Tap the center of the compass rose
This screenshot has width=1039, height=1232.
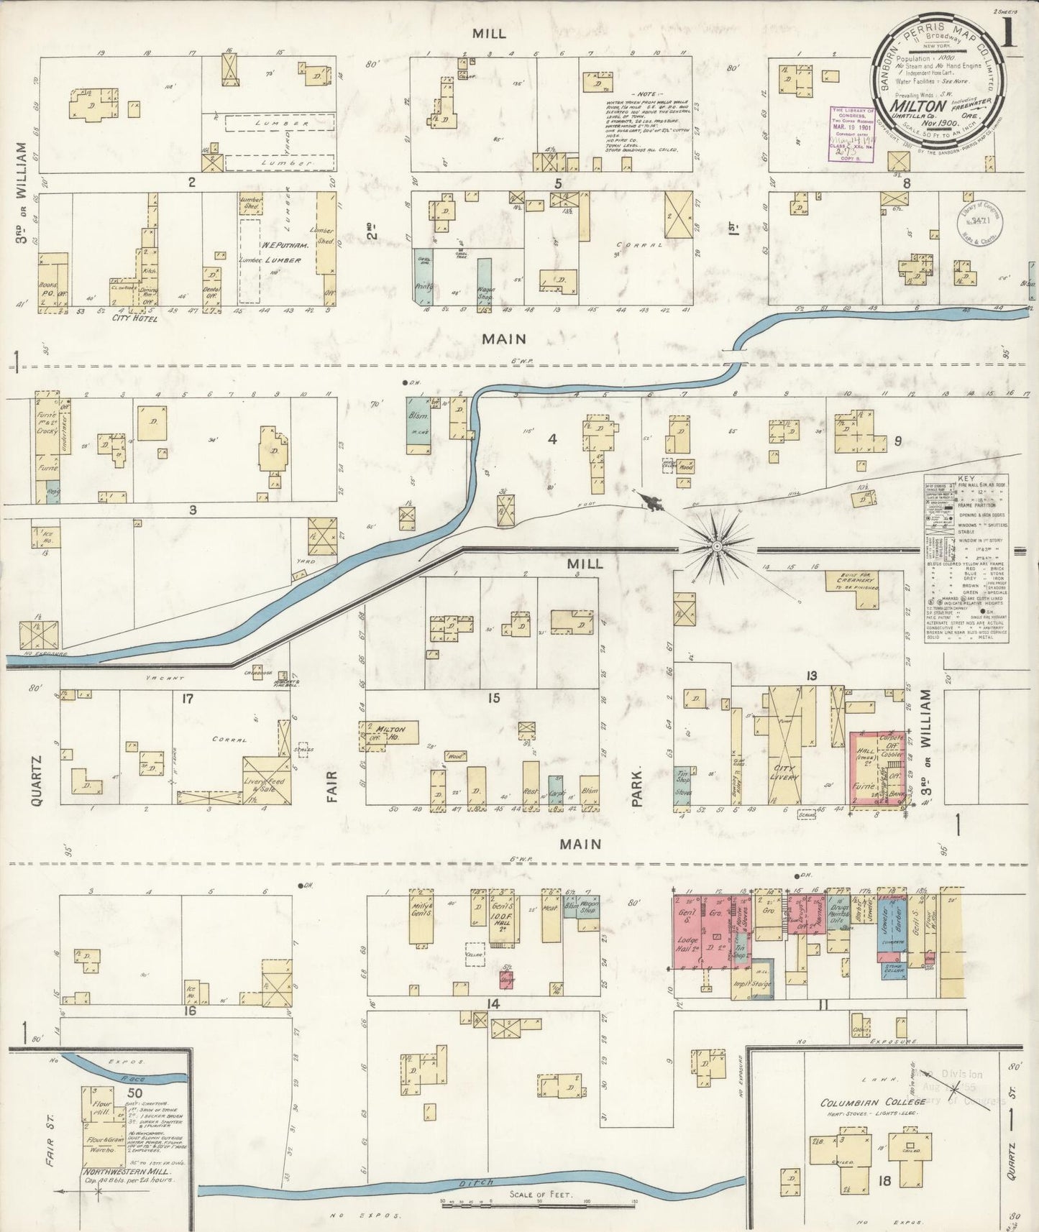(717, 546)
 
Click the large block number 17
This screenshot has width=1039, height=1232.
(188, 698)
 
